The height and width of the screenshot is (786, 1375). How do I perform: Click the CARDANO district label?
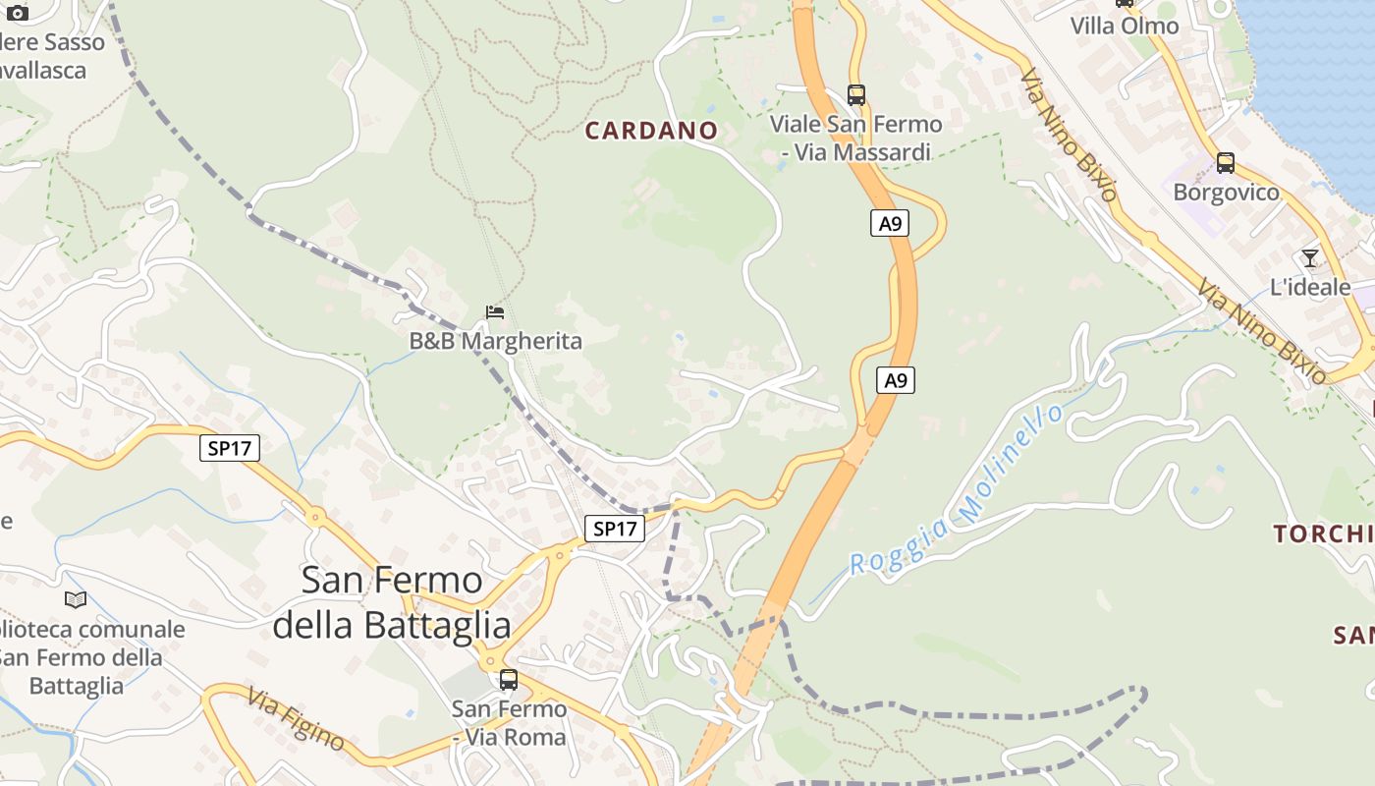pos(651,131)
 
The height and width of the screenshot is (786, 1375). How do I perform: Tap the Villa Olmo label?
pos(1124,26)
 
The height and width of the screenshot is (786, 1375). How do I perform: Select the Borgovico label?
pos(1226,192)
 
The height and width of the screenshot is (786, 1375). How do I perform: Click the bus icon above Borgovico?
pos(1225,163)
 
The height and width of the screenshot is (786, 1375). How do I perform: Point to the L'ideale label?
pos(1310,287)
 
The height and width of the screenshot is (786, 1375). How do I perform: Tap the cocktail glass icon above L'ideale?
pos(1310,258)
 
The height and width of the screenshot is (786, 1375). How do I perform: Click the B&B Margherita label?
pos(495,341)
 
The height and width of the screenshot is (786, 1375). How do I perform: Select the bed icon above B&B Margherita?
pos(495,312)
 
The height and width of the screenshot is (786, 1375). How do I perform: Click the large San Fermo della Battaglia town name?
pos(392,601)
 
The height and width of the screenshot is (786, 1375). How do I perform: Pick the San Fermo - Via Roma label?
pos(509,722)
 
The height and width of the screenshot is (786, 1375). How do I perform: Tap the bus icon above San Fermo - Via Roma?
pos(509,679)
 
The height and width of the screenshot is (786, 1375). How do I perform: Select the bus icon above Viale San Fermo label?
pos(856,95)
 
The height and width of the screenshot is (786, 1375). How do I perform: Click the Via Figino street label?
pos(295,718)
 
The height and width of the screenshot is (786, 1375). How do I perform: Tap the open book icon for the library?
pos(76,599)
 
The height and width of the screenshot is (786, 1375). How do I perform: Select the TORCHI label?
pos(1322,534)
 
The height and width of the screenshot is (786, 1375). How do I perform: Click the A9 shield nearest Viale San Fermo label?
pos(889,224)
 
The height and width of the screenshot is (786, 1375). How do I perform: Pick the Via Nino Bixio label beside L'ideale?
pos(1261,330)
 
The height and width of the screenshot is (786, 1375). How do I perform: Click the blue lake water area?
pos(1316,79)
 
